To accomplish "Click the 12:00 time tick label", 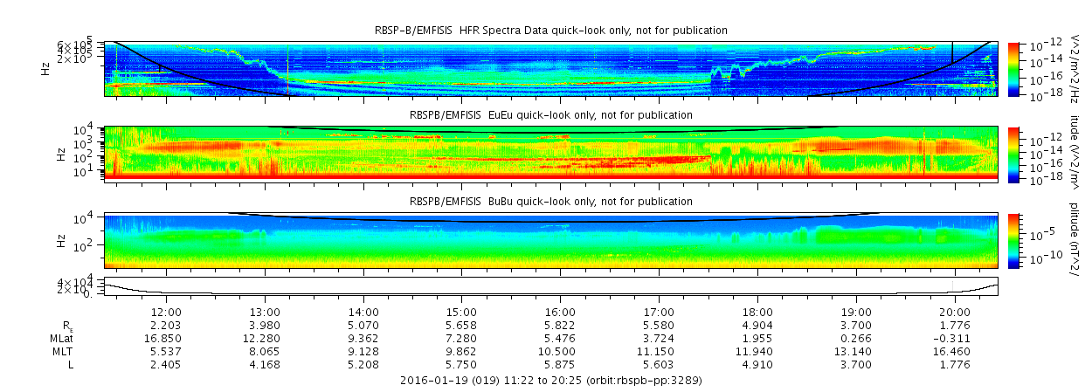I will (x=167, y=313).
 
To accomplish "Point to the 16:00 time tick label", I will (x=560, y=313).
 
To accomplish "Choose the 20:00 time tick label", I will (x=955, y=313).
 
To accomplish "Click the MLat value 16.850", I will (x=167, y=338).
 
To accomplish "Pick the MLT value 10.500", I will (x=560, y=350).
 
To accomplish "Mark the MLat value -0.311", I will (x=954, y=338).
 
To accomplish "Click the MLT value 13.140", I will (x=856, y=350).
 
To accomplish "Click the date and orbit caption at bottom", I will (x=550, y=381).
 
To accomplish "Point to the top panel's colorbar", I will (x=1013, y=69).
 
